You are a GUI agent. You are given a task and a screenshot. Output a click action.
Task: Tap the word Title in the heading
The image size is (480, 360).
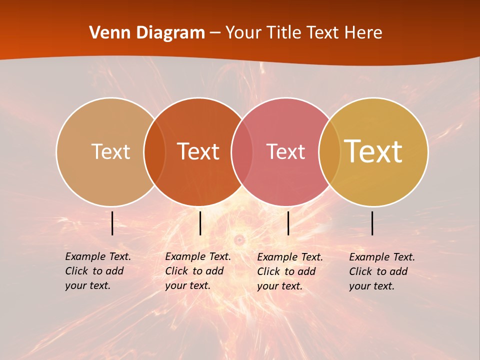point(283,33)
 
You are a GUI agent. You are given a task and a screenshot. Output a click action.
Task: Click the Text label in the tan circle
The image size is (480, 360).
point(110,151)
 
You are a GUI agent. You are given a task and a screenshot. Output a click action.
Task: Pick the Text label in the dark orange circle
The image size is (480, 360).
point(198,151)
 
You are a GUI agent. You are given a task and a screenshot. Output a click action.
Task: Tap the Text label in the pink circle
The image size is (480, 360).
point(285,151)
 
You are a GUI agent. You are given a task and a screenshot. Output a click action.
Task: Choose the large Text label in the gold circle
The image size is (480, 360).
point(373,151)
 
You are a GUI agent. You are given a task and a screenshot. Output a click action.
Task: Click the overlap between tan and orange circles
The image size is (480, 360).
point(154,151)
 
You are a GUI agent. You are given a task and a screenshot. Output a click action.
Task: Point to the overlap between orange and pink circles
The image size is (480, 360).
point(241,151)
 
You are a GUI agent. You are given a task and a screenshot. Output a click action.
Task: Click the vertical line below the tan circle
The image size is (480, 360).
point(112,223)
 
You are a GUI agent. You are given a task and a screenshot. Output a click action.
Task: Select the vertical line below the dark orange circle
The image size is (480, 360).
point(200,223)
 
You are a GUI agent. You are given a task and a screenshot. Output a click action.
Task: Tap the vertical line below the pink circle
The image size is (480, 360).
point(288,223)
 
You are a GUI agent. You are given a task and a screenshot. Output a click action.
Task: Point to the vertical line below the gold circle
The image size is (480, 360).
point(372,223)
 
